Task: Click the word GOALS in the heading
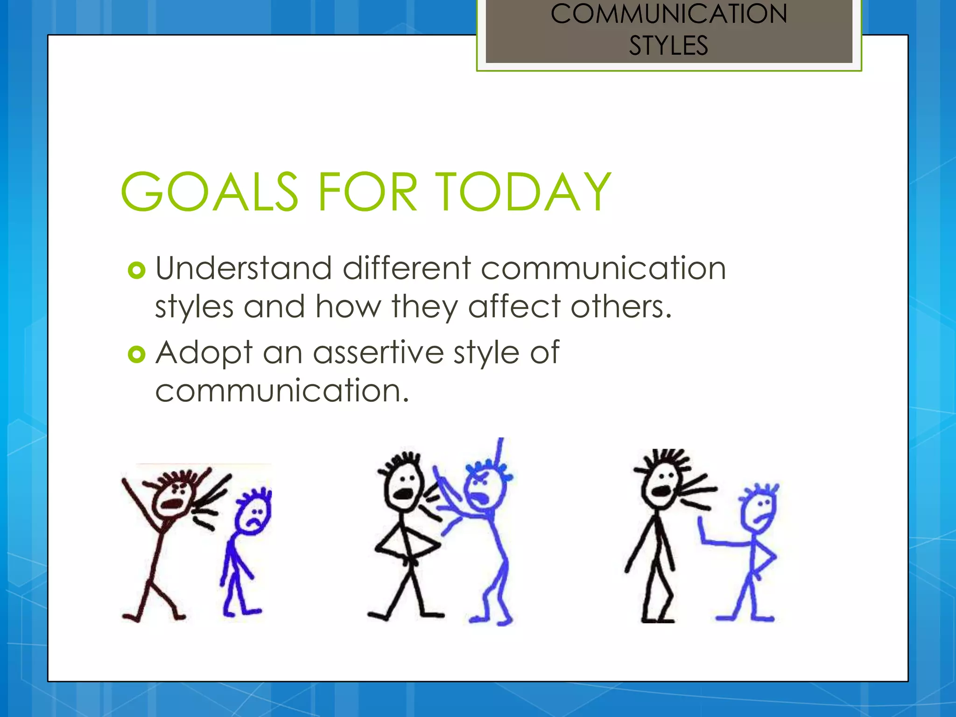click(x=209, y=191)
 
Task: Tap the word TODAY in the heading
click(x=523, y=191)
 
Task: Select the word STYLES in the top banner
click(x=668, y=46)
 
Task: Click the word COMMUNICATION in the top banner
click(x=668, y=14)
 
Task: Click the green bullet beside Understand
click(x=136, y=270)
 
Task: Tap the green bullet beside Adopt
click(x=136, y=354)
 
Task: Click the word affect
click(x=514, y=307)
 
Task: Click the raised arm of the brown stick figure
click(x=138, y=499)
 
